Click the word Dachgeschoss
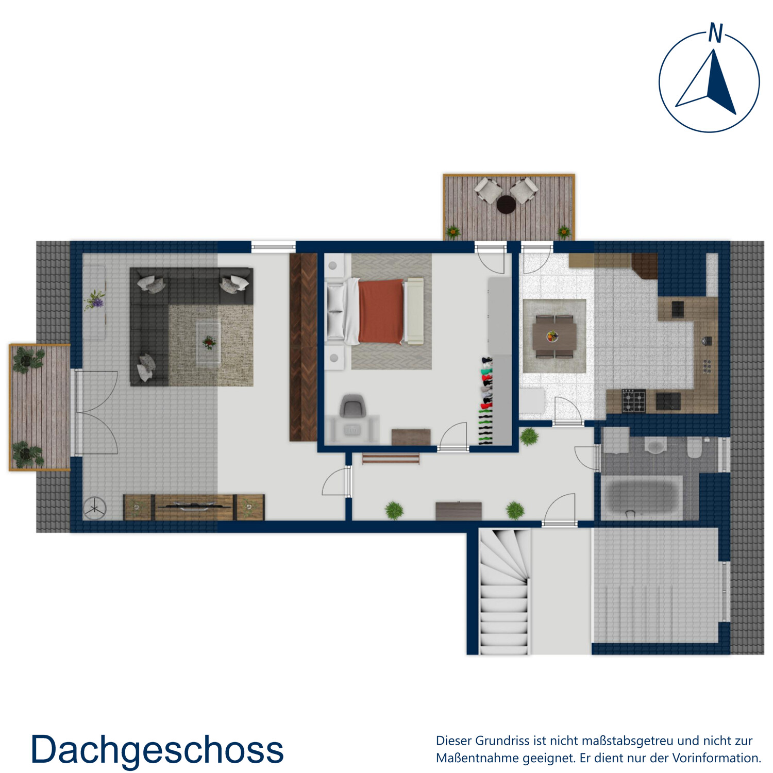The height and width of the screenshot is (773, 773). pos(157,749)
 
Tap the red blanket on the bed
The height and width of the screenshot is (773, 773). pos(381,311)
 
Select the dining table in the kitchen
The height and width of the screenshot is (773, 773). pos(554,337)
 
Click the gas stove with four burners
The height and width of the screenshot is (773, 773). pos(633,401)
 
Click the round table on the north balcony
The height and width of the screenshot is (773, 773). pos(506,205)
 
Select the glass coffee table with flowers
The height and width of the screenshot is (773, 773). pos(209,343)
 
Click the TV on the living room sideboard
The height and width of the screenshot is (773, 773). pos(193,506)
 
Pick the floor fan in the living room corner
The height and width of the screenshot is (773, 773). pos(95,509)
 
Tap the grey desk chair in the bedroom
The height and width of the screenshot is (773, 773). pos(352,406)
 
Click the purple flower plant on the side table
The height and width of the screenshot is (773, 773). pos(95,300)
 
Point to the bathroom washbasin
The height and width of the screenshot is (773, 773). pos(656,446)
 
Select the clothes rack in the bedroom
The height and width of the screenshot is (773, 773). pos(486,399)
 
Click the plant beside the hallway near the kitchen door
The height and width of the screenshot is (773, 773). pos(529,437)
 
